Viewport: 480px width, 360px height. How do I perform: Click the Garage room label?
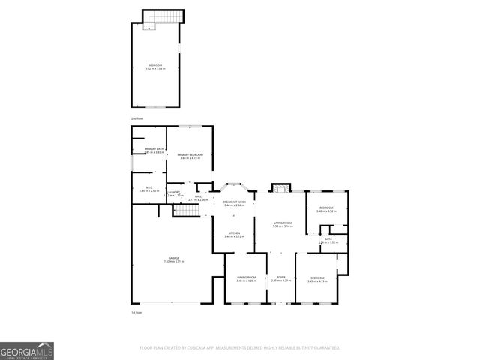click(173, 258)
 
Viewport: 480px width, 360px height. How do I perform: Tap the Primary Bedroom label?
click(190, 154)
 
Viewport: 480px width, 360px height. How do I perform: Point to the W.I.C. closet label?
click(147, 188)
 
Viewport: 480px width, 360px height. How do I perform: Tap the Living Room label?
click(282, 223)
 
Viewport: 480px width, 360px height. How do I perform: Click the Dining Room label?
click(246, 277)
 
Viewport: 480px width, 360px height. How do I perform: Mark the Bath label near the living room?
click(328, 238)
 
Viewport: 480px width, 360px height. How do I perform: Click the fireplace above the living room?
click(280, 187)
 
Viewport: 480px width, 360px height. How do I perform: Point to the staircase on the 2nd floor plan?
click(161, 18)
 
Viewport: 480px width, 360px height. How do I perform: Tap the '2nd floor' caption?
click(136, 119)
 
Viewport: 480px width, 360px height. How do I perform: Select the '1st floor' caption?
click(136, 312)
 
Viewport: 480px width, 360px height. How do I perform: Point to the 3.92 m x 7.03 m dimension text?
click(154, 69)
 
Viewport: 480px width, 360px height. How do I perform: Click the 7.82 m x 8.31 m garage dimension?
click(173, 262)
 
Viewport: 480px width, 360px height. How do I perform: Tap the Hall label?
click(199, 196)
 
